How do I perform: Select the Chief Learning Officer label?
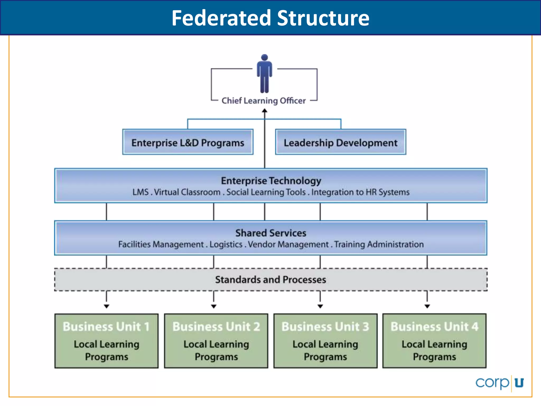pos(263,101)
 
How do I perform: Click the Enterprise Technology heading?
pos(271,181)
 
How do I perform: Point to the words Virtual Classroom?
pos(187,192)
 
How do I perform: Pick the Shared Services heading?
pos(271,233)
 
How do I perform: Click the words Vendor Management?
pos(288,244)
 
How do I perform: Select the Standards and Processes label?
pos(270,280)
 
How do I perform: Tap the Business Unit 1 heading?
pos(106,326)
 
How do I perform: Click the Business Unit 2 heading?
pos(216,326)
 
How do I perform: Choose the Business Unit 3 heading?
pos(325,326)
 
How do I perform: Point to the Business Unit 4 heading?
pos(435,326)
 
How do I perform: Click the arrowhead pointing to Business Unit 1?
pos(106,306)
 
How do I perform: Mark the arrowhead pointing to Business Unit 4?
pos(427,306)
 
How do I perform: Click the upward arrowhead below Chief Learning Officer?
pos(265,111)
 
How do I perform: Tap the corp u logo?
pos(500,383)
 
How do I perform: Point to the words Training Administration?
pos(379,244)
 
